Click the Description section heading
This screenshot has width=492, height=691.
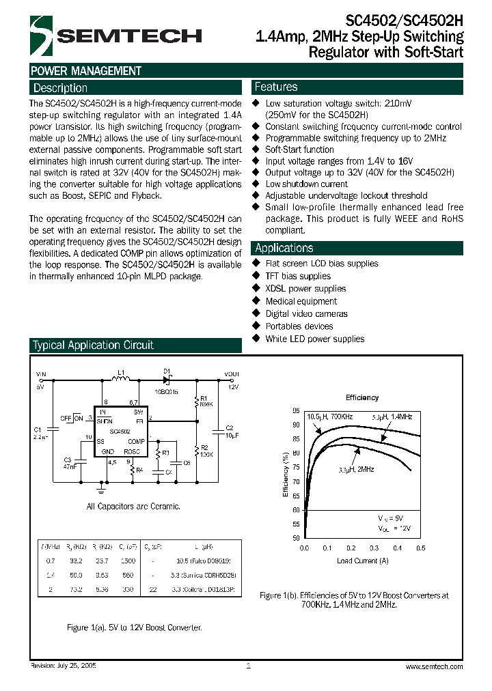click(60, 88)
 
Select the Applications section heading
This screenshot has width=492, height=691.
click(284, 249)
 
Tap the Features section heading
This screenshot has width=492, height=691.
click(275, 87)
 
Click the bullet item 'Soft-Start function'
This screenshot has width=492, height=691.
click(299, 150)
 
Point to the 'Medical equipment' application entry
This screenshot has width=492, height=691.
click(301, 301)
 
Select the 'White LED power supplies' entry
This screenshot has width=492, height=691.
click(314, 339)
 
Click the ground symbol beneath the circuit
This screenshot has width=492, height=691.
click(101, 489)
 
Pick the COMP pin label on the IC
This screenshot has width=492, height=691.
click(137, 442)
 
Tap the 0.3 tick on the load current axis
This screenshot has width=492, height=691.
click(374, 548)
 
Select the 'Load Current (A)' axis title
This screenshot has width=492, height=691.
click(363, 561)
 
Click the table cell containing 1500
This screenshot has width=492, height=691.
click(127, 559)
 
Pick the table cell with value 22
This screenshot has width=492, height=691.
click(152, 589)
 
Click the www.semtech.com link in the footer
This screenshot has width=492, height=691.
click(434, 666)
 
